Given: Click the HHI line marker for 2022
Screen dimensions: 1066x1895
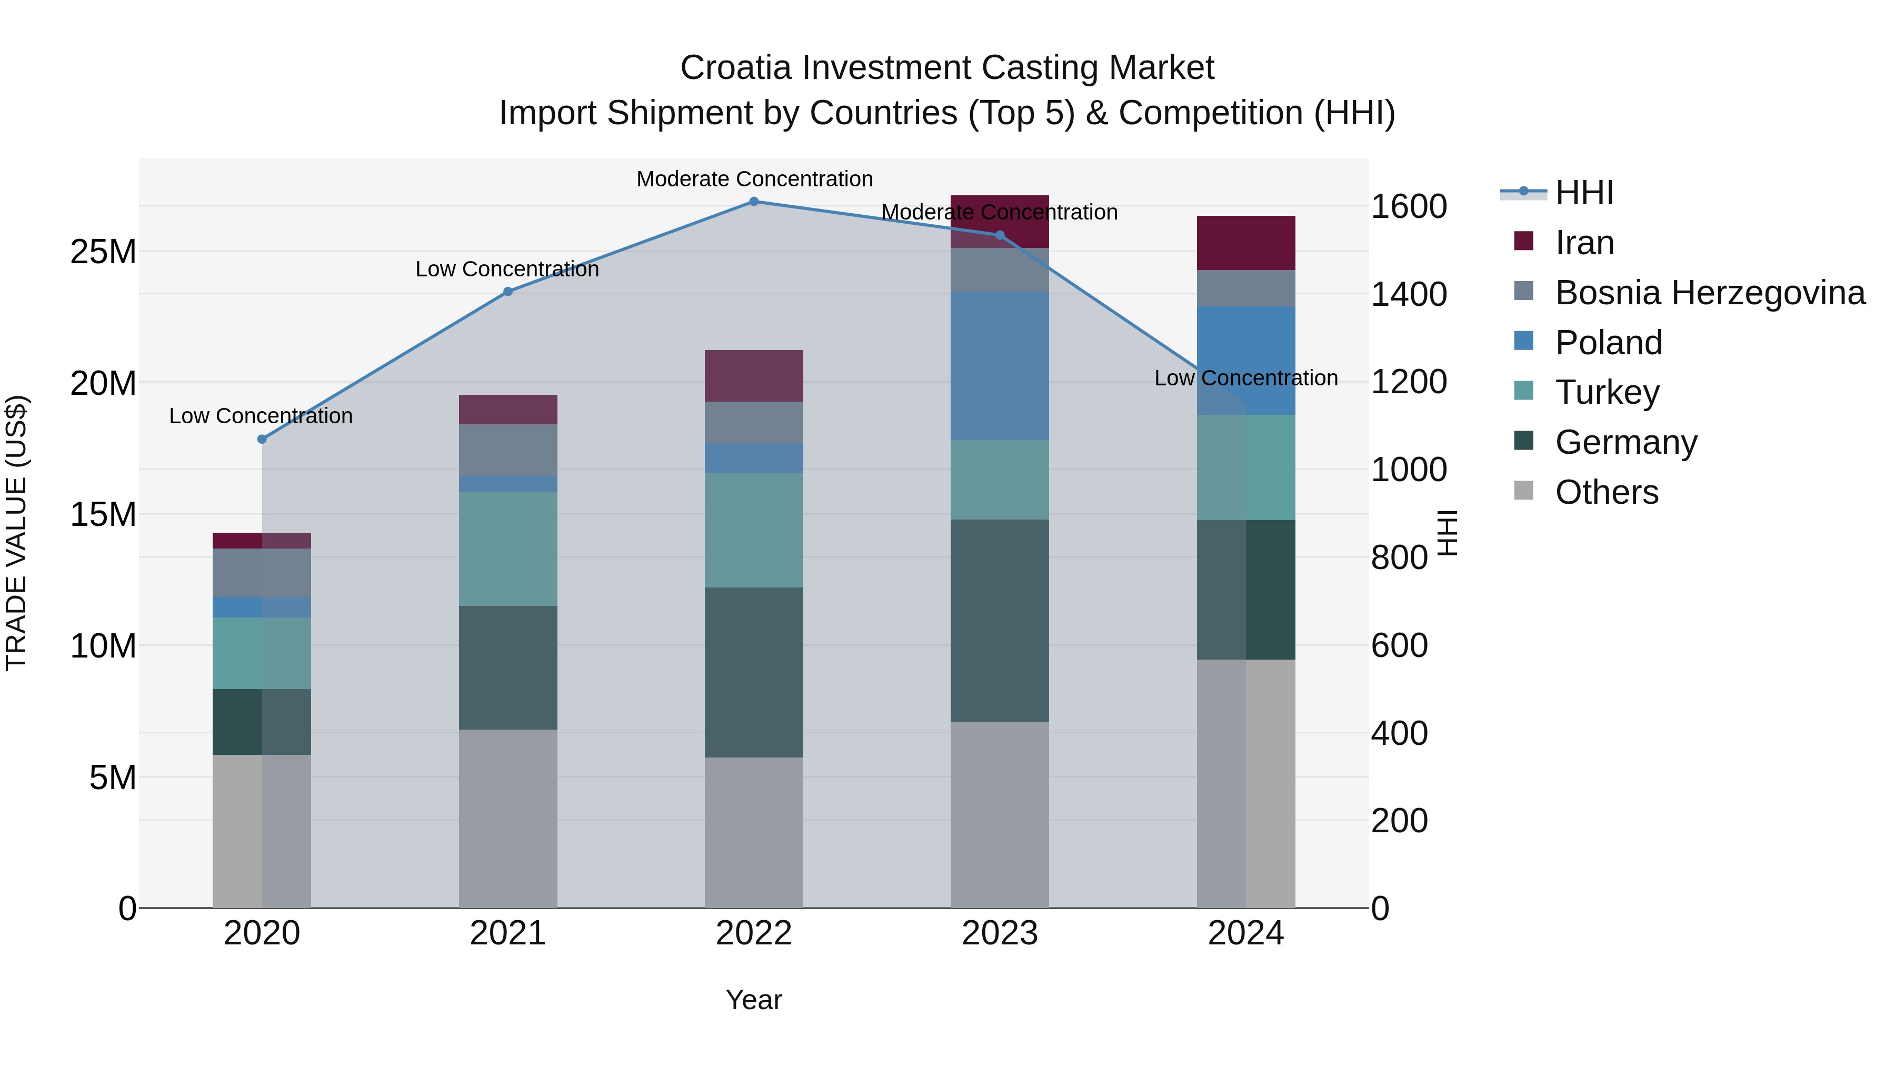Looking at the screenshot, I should tap(753, 201).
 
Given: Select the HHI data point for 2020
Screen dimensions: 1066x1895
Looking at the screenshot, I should tap(262, 439).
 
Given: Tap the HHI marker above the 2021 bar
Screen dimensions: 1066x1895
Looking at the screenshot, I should tap(507, 291).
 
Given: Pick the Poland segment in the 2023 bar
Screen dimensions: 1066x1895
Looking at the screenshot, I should tap(999, 366).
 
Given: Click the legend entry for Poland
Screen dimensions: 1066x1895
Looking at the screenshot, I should tap(1608, 343).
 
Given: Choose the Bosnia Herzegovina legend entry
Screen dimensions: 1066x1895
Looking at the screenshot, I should tap(1710, 293).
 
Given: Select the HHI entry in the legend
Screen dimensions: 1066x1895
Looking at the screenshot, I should tap(1584, 193).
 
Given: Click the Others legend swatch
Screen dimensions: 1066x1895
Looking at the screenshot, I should tap(1523, 491).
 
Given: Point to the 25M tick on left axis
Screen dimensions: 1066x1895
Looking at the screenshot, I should tap(103, 252).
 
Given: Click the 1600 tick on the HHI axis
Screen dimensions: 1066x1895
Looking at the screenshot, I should tap(1408, 207).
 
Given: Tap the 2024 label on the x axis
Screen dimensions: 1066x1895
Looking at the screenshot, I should tap(1245, 933).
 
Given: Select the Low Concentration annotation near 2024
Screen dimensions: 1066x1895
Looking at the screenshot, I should tap(1245, 378).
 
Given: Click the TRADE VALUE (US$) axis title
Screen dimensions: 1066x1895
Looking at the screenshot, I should tap(17, 533).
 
